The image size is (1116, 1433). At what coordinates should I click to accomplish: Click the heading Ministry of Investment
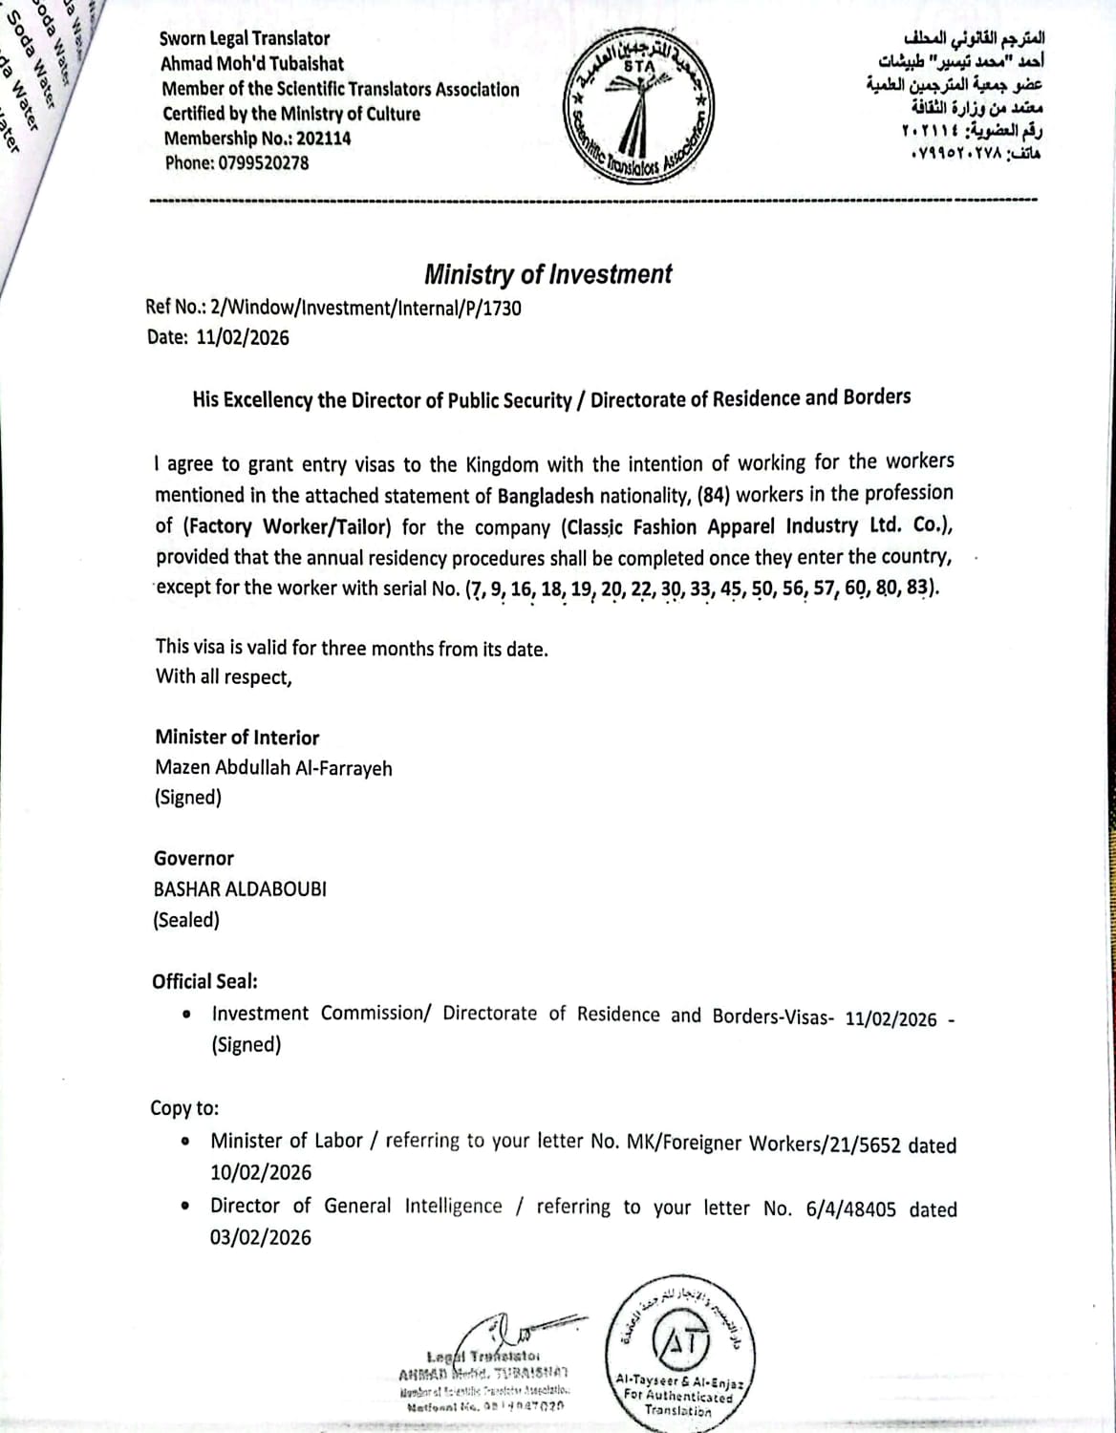click(547, 275)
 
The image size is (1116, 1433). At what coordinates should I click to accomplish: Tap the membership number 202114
click(323, 139)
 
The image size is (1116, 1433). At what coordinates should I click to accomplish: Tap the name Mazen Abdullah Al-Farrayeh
click(273, 768)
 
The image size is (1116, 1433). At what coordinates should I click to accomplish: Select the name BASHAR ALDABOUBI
click(240, 888)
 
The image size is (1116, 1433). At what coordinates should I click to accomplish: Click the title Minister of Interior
click(237, 738)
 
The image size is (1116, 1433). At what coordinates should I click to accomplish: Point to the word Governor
click(194, 859)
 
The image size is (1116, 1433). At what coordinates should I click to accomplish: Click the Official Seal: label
click(204, 981)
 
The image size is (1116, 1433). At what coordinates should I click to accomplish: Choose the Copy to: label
click(184, 1108)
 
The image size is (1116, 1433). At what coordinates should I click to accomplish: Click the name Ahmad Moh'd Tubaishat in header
click(252, 64)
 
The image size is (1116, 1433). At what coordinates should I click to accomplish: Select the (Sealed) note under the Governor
click(186, 920)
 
